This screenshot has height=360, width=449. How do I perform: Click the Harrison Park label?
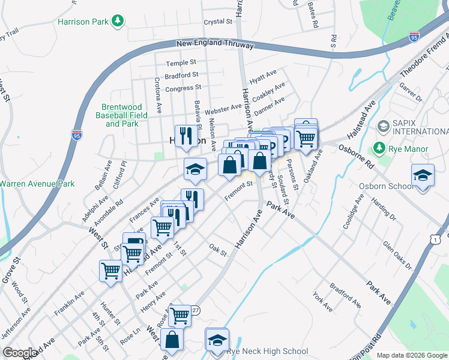tap(83, 22)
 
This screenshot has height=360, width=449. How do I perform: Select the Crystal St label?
tap(218, 22)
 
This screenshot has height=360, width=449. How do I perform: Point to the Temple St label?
tap(181, 62)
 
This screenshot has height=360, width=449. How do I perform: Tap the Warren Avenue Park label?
tap(37, 184)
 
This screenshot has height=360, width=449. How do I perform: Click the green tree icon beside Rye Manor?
tap(379, 148)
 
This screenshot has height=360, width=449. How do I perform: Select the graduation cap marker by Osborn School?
tap(423, 176)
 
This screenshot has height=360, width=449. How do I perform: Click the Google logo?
tap(20, 353)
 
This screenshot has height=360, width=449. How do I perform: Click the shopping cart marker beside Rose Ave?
tap(179, 315)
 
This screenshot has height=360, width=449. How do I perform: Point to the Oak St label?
tap(218, 249)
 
